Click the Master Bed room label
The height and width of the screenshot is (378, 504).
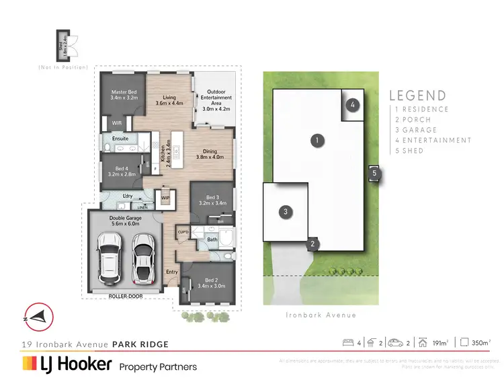(124, 95)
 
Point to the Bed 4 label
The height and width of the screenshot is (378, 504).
(121, 171)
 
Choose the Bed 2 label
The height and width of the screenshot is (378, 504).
(210, 282)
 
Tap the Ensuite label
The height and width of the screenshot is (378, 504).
(120, 139)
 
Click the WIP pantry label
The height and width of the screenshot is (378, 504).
(164, 198)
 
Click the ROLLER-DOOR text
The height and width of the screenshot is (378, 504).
(125, 296)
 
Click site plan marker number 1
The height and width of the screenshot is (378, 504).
(314, 141)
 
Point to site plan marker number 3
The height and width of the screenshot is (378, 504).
(286, 212)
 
